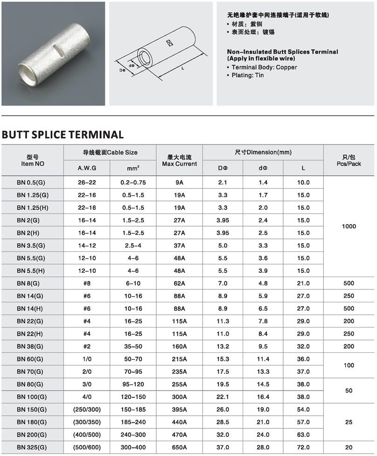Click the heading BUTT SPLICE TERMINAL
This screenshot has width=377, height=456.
coord(63,135)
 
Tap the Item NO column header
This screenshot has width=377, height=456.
coord(33,160)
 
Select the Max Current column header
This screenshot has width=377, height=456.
coord(180,160)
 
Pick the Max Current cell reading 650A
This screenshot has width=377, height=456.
coord(180,447)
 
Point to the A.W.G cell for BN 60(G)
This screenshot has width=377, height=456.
coord(87,359)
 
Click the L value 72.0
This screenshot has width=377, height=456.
coord(303,447)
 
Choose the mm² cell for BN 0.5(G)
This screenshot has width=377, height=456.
coord(133,182)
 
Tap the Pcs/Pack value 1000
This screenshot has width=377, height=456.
coord(349,226)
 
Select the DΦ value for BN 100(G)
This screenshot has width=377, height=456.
coord(223,397)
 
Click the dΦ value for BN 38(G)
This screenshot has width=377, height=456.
coord(263,346)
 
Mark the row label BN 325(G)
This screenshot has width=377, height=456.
coord(33,447)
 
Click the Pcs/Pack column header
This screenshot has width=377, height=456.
coord(349,160)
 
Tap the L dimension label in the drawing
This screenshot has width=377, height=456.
coord(182,68)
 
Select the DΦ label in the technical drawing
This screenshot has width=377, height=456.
coord(123,70)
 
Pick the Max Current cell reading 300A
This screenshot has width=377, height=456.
coord(180,397)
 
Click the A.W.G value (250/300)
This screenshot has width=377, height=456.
coord(87,409)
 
